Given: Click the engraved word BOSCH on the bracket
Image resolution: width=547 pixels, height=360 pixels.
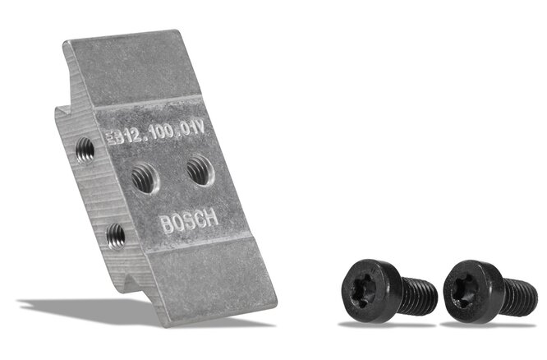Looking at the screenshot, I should pyautogui.click(x=189, y=222).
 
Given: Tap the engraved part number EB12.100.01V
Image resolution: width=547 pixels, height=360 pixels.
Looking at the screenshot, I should pyautogui.click(x=163, y=132).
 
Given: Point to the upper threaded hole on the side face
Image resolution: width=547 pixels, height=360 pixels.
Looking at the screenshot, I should pyautogui.click(x=84, y=149).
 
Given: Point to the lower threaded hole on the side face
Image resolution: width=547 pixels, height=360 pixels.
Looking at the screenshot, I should pyautogui.click(x=116, y=236).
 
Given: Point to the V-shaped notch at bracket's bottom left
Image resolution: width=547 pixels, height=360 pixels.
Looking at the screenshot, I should pyautogui.click(x=126, y=284).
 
